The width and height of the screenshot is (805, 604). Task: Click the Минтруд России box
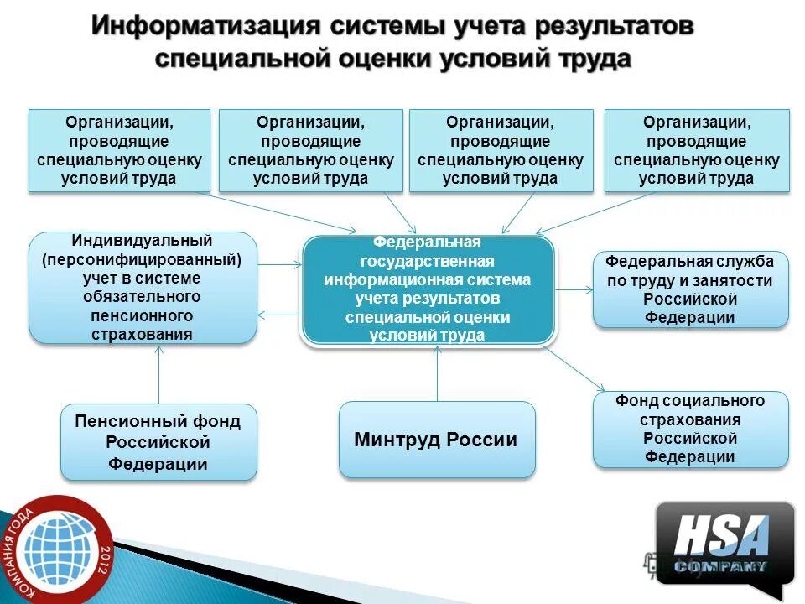[436, 440]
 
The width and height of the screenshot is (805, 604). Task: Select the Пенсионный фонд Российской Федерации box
[158, 442]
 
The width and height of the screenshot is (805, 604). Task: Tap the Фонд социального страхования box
[690, 429]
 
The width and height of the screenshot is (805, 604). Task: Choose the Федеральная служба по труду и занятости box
[690, 289]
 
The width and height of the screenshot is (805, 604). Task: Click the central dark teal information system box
[428, 289]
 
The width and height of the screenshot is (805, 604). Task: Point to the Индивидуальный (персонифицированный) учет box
[143, 288]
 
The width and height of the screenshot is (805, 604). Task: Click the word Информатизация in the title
[206, 25]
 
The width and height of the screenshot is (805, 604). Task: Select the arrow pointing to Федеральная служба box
[574, 289]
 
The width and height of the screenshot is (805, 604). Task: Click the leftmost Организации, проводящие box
[120, 150]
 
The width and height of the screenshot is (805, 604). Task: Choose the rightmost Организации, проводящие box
[696, 150]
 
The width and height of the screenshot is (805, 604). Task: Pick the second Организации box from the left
[310, 150]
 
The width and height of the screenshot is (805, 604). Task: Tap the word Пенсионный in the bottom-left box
[122, 421]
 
